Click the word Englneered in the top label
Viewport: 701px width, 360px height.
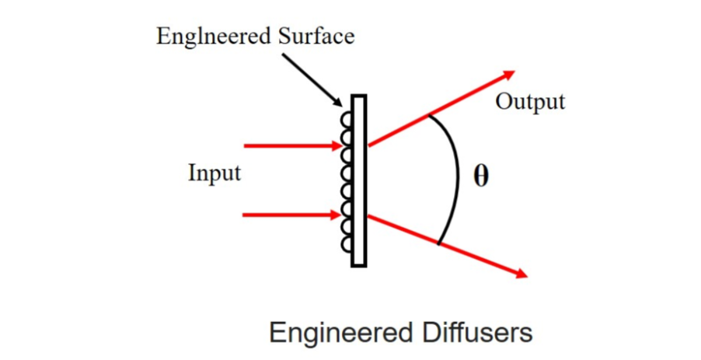click(202, 37)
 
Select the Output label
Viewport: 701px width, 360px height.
click(530, 102)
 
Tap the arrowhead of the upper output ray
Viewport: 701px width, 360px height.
click(509, 75)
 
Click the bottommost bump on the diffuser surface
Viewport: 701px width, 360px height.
click(347, 244)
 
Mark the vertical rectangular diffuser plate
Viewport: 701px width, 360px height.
click(358, 180)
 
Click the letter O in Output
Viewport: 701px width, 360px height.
click(503, 102)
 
